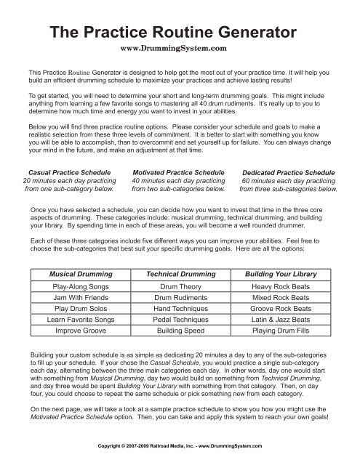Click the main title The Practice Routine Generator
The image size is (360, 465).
[x=179, y=32]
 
